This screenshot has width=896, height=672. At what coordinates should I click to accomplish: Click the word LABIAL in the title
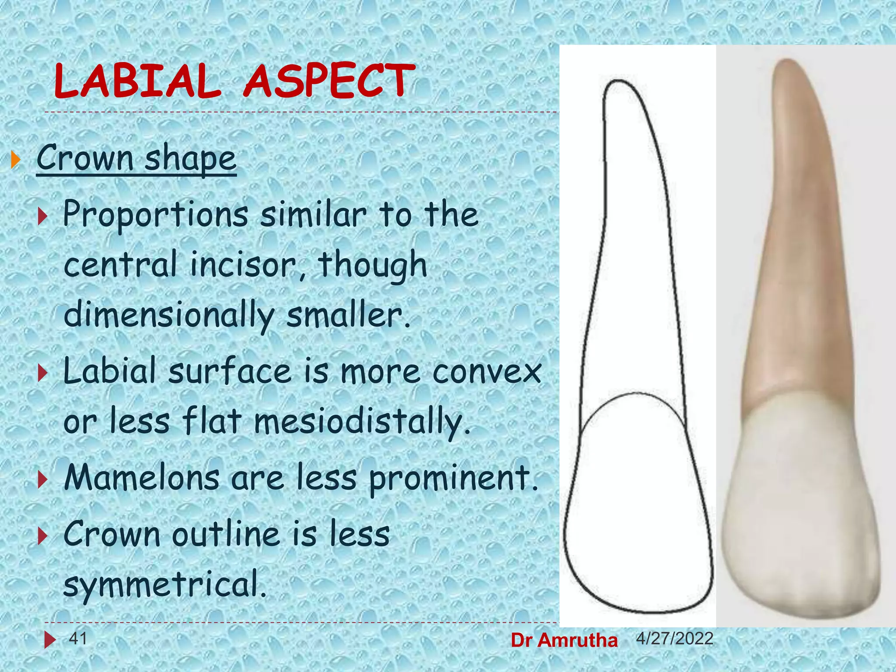click(137, 81)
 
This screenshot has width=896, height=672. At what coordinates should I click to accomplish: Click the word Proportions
click(155, 215)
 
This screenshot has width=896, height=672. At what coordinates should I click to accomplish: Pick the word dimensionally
click(168, 315)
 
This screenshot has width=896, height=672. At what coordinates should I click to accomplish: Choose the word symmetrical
click(164, 585)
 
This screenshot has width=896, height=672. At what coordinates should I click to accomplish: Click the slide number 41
click(78, 639)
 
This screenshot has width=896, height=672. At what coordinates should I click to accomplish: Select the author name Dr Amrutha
click(564, 640)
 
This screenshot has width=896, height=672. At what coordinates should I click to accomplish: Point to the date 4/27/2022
click(675, 639)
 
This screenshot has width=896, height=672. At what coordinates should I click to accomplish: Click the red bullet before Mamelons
click(42, 480)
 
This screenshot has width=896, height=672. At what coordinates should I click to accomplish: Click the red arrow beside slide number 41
click(49, 640)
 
